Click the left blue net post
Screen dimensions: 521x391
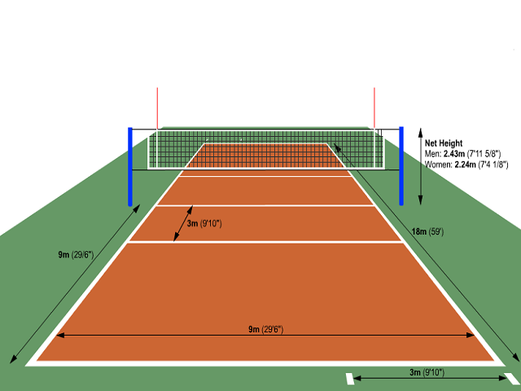click(130, 166)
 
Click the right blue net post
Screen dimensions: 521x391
click(401, 166)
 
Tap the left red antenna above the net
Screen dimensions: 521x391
click(157, 108)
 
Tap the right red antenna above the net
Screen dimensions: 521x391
click(374, 108)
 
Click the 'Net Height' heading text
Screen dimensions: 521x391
click(444, 143)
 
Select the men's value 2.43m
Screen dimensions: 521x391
click(454, 154)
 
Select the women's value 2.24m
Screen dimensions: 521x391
click(465, 165)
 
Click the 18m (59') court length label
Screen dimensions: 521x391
click(427, 231)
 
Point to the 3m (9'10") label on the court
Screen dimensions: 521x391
click(204, 223)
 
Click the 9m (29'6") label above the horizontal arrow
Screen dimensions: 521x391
click(266, 329)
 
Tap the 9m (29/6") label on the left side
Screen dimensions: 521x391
click(76, 255)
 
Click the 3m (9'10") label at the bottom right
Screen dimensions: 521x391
click(427, 372)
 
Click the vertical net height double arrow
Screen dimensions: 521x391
click(420, 166)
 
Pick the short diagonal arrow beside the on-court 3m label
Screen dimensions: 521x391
click(183, 223)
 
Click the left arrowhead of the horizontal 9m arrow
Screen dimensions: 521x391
click(60, 335)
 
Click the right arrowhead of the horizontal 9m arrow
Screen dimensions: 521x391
click(471, 335)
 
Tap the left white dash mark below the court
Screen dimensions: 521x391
click(350, 379)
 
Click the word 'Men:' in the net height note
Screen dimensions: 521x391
click(433, 154)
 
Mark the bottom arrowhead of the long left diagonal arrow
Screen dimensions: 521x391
click(13, 359)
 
